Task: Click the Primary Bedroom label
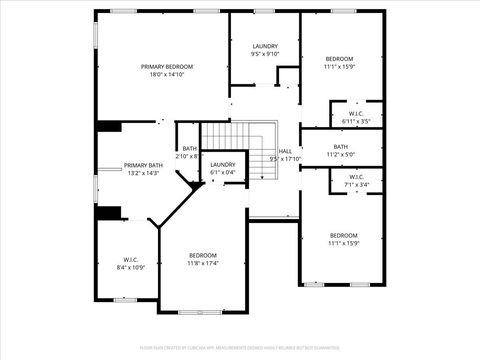(x=166, y=67)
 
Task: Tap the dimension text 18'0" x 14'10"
(x=166, y=75)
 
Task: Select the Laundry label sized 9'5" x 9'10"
(x=265, y=46)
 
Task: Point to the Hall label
(x=285, y=151)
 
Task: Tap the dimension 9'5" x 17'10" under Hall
(x=285, y=159)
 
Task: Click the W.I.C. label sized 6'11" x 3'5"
(x=356, y=114)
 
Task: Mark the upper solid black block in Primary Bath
(x=108, y=126)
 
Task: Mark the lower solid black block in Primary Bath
(x=108, y=212)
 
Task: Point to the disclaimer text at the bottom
(x=240, y=345)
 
